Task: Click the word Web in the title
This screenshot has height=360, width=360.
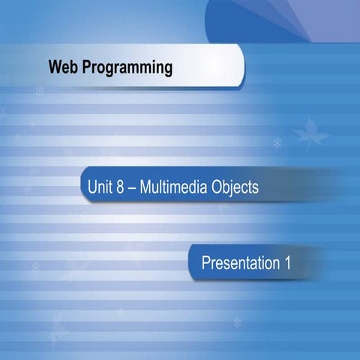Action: (62, 68)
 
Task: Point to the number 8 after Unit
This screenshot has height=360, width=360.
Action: (121, 187)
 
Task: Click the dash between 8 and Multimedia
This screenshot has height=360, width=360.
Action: (133, 187)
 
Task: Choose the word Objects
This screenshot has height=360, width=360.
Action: (234, 187)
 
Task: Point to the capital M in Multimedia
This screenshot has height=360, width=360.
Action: (146, 187)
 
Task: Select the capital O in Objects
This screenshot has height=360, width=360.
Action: (216, 187)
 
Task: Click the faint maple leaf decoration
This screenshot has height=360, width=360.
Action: (310, 134)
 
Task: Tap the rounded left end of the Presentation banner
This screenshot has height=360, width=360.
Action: (193, 262)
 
